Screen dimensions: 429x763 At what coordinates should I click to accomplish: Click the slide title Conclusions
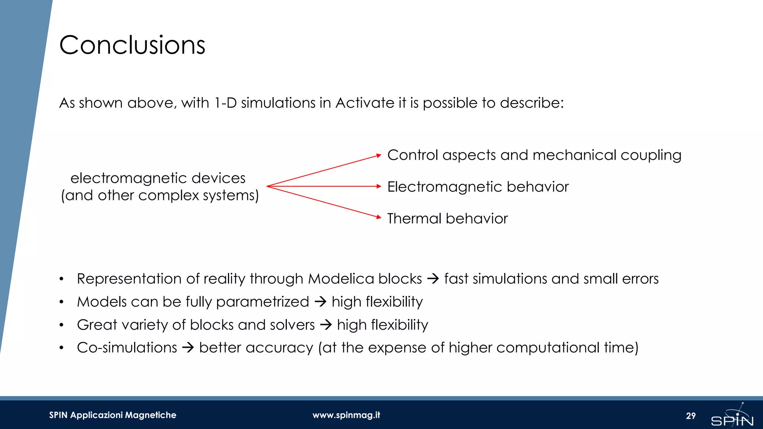coord(132,45)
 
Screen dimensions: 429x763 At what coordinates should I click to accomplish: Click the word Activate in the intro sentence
coord(365,103)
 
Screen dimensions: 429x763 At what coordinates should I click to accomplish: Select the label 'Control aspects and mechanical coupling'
coord(534,155)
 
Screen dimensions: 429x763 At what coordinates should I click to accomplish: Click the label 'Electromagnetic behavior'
coord(478,187)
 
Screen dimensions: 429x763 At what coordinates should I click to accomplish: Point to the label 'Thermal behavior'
coord(447,219)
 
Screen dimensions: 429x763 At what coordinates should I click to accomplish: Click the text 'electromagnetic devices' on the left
coord(158,178)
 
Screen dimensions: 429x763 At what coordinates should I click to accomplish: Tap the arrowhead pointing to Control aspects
coord(379,156)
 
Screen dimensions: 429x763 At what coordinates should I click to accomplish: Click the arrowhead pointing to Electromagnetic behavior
coord(379,186)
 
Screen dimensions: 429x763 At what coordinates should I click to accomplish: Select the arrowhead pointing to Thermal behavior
coord(379,217)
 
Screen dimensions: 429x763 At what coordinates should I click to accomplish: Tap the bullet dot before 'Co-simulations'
coord(61,348)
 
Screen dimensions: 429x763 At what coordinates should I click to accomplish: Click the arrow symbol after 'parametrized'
coord(320,302)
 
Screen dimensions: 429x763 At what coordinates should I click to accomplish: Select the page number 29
coord(691,416)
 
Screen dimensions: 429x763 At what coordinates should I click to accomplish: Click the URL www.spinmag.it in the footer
coord(346,415)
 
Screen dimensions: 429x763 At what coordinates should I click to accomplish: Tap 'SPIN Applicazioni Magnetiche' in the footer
coord(113,415)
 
